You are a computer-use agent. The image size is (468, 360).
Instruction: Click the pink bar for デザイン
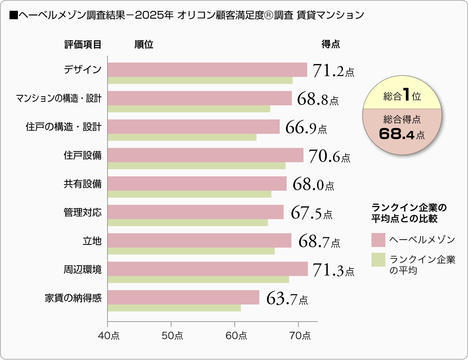[207, 70]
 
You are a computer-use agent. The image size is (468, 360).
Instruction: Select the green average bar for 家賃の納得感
[174, 308]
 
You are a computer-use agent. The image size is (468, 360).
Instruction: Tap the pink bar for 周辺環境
[208, 269]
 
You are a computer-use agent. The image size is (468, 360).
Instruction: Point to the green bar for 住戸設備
[197, 166]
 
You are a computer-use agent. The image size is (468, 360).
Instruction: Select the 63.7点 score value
[287, 299]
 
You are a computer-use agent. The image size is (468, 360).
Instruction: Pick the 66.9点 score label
[306, 128]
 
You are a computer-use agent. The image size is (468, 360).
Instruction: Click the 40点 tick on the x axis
[109, 335]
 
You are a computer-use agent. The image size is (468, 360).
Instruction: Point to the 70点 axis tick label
[300, 335]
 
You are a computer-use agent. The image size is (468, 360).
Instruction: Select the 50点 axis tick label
[173, 335]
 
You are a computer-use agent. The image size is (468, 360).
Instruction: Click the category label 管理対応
[83, 213]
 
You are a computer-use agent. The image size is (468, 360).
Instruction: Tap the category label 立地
[92, 241]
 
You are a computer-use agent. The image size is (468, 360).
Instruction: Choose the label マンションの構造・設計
[58, 98]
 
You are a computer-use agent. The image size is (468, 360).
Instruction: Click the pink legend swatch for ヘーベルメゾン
[378, 240]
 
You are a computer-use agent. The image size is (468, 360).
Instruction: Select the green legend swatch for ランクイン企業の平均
[378, 260]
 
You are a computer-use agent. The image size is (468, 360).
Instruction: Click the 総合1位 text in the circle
[402, 95]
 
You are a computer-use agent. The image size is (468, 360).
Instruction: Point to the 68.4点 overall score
[402, 134]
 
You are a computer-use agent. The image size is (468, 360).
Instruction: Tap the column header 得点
[331, 44]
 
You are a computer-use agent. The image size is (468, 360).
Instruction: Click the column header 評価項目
[83, 45]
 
